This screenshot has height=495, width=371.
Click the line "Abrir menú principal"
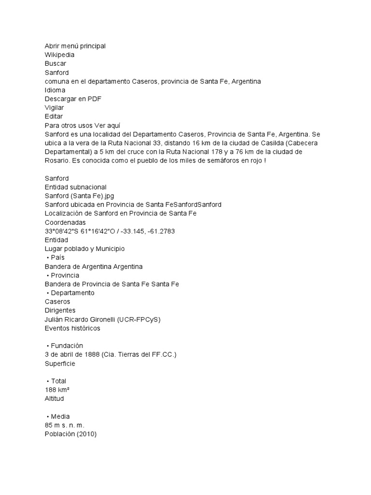[x=75, y=46]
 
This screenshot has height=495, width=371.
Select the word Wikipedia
[x=59, y=55]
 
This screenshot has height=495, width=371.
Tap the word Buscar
[x=55, y=63]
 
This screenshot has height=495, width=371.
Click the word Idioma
[x=55, y=90]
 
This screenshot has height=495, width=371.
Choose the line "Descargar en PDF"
[x=73, y=99]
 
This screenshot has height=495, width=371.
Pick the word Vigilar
[x=54, y=107]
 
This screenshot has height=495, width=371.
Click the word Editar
[x=53, y=116]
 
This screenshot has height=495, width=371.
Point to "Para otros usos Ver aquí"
[x=82, y=125]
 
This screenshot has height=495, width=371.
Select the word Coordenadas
[x=65, y=222]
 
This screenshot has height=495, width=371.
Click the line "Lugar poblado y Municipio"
[x=85, y=248]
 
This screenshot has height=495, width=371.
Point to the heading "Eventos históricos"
[x=72, y=328]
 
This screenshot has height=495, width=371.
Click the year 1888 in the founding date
[x=92, y=354]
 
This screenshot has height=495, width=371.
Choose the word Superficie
[x=60, y=364]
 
